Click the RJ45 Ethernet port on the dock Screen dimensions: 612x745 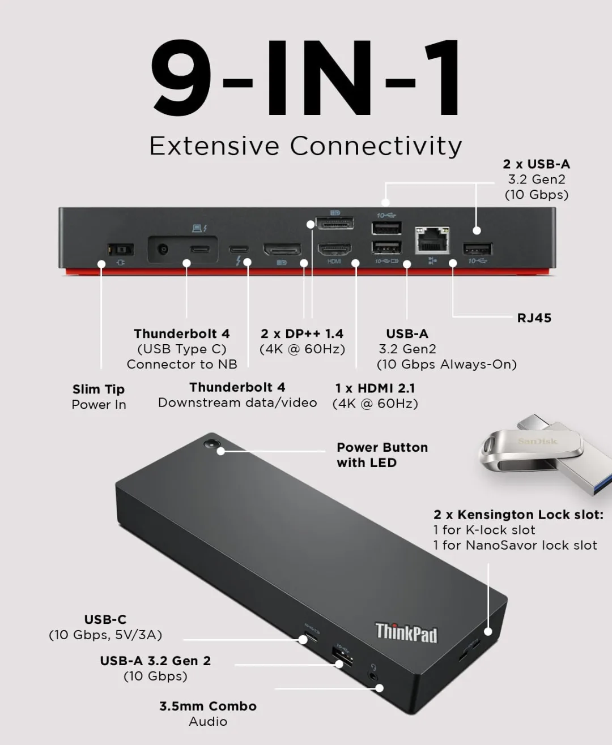(432, 240)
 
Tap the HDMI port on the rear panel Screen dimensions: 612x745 (334, 250)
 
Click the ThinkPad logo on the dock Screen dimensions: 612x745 (406, 633)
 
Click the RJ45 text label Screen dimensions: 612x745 (534, 318)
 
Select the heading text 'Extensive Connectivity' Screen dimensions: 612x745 (305, 145)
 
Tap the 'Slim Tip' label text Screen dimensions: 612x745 (99, 389)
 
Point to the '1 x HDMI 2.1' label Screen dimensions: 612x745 (375, 388)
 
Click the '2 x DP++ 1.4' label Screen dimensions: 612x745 (302, 334)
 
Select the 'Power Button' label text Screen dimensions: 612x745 (382, 448)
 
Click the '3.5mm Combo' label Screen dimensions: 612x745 (208, 706)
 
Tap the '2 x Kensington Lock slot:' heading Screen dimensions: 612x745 (518, 515)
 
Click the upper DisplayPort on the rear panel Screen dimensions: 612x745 (335, 223)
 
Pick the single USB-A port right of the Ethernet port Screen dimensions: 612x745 (477, 249)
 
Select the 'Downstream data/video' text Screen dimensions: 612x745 (237, 403)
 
